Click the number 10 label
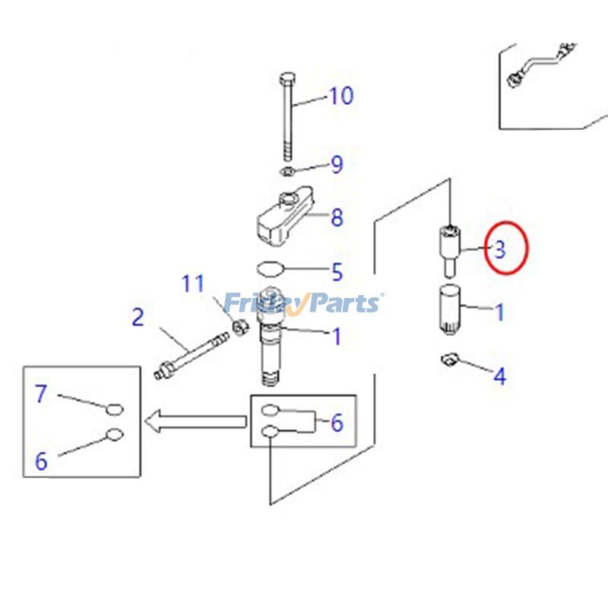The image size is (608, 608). click(x=341, y=97)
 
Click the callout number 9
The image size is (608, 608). click(x=336, y=164)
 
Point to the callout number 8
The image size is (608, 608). click(x=337, y=218)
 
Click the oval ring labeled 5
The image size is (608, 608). click(x=271, y=268)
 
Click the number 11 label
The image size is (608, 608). click(x=193, y=284)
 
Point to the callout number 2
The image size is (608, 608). click(x=137, y=317)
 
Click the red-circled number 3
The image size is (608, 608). click(x=500, y=249)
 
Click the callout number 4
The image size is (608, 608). click(x=499, y=375)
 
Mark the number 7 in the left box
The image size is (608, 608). click(x=41, y=394)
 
